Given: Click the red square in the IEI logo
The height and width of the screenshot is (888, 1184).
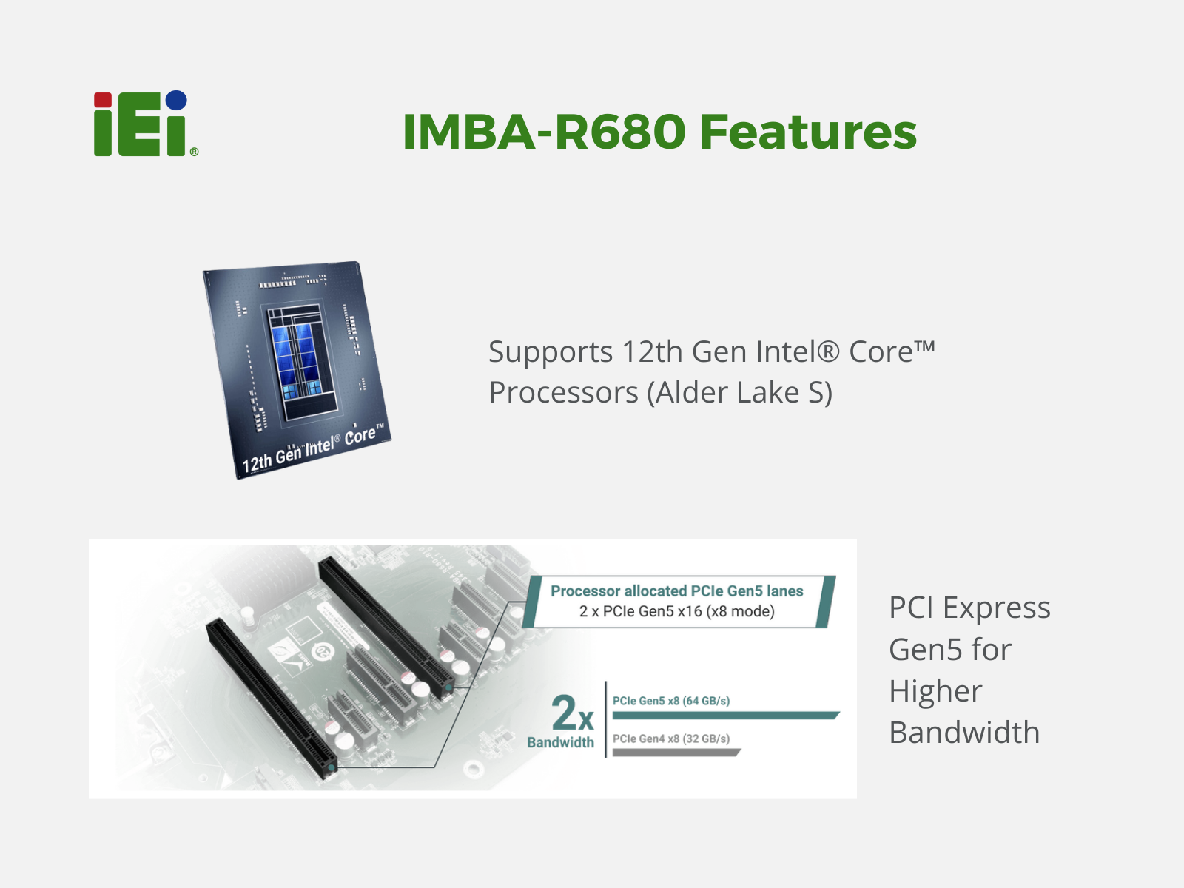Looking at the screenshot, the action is pyautogui.click(x=102, y=100).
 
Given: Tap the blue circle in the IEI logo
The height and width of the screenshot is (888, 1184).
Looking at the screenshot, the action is pyautogui.click(x=176, y=101).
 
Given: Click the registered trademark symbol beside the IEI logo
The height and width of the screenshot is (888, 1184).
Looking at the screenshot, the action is pyautogui.click(x=194, y=152).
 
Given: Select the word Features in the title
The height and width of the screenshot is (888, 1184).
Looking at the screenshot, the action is pyautogui.click(x=808, y=132).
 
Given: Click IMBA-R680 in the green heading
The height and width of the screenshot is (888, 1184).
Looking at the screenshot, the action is pyautogui.click(x=544, y=132).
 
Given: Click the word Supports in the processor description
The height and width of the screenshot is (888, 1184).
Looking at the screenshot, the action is pyautogui.click(x=551, y=353).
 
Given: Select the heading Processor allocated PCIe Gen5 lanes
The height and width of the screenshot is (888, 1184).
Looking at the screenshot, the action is pyautogui.click(x=676, y=591).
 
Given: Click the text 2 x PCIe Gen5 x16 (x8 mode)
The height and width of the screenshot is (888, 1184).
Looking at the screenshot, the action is pyautogui.click(x=676, y=611).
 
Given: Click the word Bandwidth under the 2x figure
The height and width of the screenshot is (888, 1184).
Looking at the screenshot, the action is pyautogui.click(x=560, y=742).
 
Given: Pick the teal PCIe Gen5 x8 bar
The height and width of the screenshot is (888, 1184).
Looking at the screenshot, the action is pyautogui.click(x=725, y=716).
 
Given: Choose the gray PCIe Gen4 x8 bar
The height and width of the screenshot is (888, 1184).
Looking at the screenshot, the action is pyautogui.click(x=676, y=753).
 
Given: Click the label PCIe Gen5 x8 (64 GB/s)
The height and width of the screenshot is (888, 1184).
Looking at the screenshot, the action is pyautogui.click(x=671, y=701).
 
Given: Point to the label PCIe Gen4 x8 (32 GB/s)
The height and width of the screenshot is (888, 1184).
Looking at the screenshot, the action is pyautogui.click(x=671, y=739).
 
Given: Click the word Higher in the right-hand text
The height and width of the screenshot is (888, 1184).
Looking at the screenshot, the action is pyautogui.click(x=935, y=690).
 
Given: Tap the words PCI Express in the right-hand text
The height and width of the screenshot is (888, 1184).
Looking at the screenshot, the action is pyautogui.click(x=970, y=608).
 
